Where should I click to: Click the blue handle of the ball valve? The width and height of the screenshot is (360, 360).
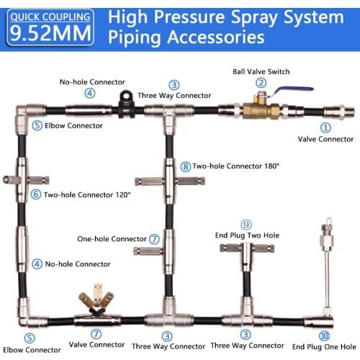[294, 90]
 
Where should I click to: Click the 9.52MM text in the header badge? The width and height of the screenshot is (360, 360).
[50, 33]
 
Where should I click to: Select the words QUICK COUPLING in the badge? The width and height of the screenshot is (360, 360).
[50, 17]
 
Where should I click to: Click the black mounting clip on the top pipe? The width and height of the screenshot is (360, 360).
[126, 104]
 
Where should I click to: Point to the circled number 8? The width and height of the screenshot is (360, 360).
[186, 166]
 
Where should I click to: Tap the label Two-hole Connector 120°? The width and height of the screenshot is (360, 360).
[87, 194]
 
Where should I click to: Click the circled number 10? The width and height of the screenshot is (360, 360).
[324, 336]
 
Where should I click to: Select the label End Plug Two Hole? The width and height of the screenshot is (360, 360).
[247, 235]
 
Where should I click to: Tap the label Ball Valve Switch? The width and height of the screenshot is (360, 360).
[261, 71]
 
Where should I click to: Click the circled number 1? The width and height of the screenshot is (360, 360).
[325, 127]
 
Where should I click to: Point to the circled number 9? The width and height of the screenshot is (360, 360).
[246, 225]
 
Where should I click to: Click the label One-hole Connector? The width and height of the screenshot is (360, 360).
[112, 239]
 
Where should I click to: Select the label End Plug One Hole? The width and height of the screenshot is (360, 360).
[324, 347]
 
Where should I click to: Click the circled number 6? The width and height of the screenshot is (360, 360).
[36, 194]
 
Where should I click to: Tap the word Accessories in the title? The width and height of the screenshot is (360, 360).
[216, 37]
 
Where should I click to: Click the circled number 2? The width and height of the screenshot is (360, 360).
[261, 83]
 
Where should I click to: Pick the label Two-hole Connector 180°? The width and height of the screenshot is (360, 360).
[236, 166]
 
